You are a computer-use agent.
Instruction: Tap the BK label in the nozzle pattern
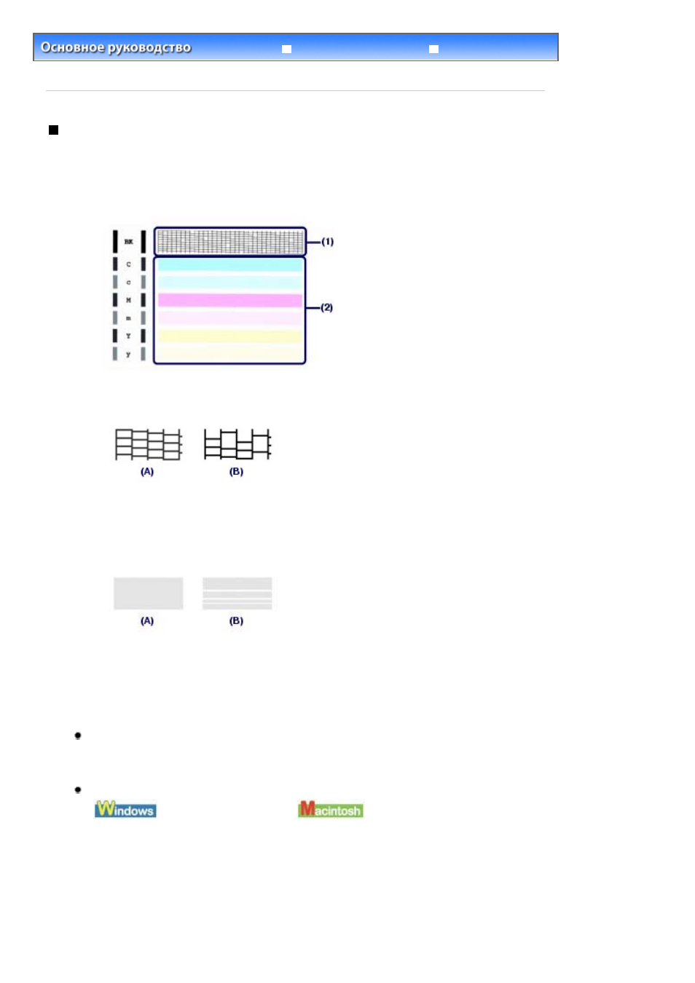pos(129,242)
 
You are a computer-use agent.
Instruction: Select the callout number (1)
pos(328,241)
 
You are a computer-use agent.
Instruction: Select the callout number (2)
pos(326,307)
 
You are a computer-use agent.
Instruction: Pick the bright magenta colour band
pos(230,300)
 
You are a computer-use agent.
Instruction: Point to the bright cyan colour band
pos(230,264)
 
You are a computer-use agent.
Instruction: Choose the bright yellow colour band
pos(230,336)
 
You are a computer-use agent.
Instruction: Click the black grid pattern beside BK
pos(230,241)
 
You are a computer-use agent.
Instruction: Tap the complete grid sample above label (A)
pos(149,445)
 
